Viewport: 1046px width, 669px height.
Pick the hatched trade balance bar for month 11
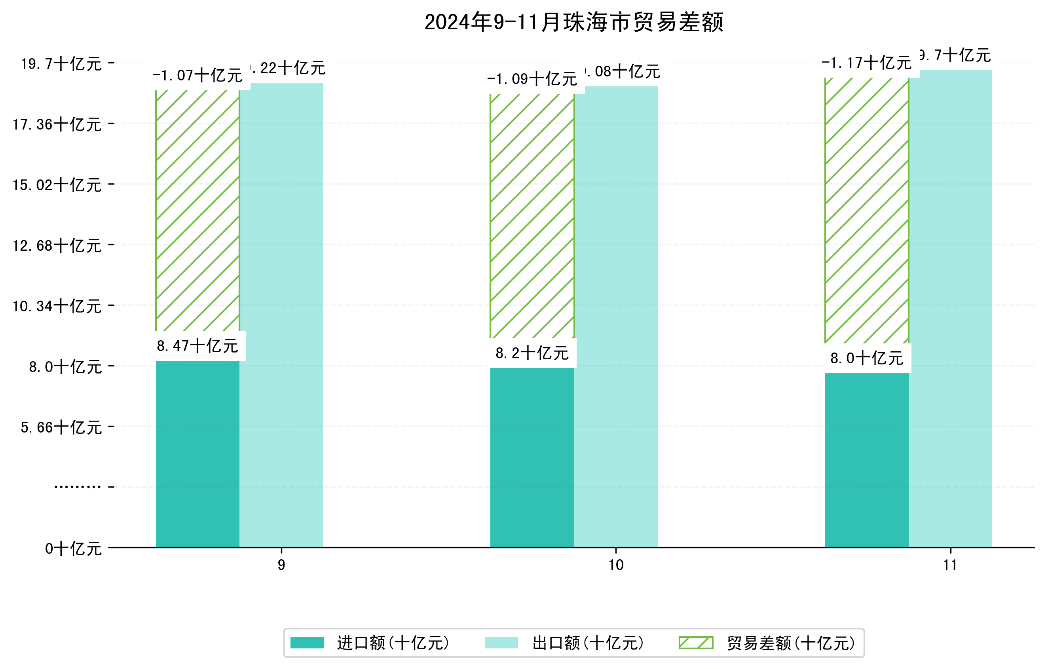coord(866,210)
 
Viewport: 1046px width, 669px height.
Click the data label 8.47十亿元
coord(197,346)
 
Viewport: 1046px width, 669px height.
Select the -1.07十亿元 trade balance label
coord(197,76)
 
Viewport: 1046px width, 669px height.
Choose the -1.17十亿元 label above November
coord(866,63)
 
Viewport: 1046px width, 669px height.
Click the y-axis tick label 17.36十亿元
coord(57,125)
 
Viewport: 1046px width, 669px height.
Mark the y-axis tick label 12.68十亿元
coord(57,246)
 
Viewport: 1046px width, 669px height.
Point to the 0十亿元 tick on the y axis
coord(73,549)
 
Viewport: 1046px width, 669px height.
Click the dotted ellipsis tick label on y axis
coord(77,487)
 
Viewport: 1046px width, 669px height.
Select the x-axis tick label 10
coord(615,565)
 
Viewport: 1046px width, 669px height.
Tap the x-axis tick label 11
coord(950,565)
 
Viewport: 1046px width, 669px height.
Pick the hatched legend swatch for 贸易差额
coord(696,642)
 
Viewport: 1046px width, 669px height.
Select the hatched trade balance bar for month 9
coord(197,210)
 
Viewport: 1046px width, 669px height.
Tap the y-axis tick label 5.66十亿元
coord(61,428)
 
